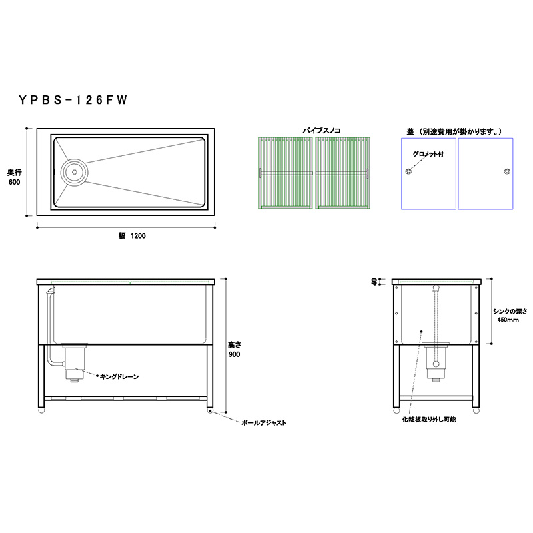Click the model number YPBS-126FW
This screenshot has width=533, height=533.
73,100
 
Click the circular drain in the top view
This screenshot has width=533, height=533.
75,172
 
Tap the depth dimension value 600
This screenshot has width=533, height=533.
14,182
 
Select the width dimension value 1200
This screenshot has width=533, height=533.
138,236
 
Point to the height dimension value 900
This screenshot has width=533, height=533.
235,354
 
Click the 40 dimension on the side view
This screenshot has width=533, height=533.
374,281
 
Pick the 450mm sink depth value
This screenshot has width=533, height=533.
508,320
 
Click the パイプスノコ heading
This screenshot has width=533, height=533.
322,131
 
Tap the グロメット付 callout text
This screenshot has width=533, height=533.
428,154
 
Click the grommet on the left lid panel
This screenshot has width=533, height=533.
409,171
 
